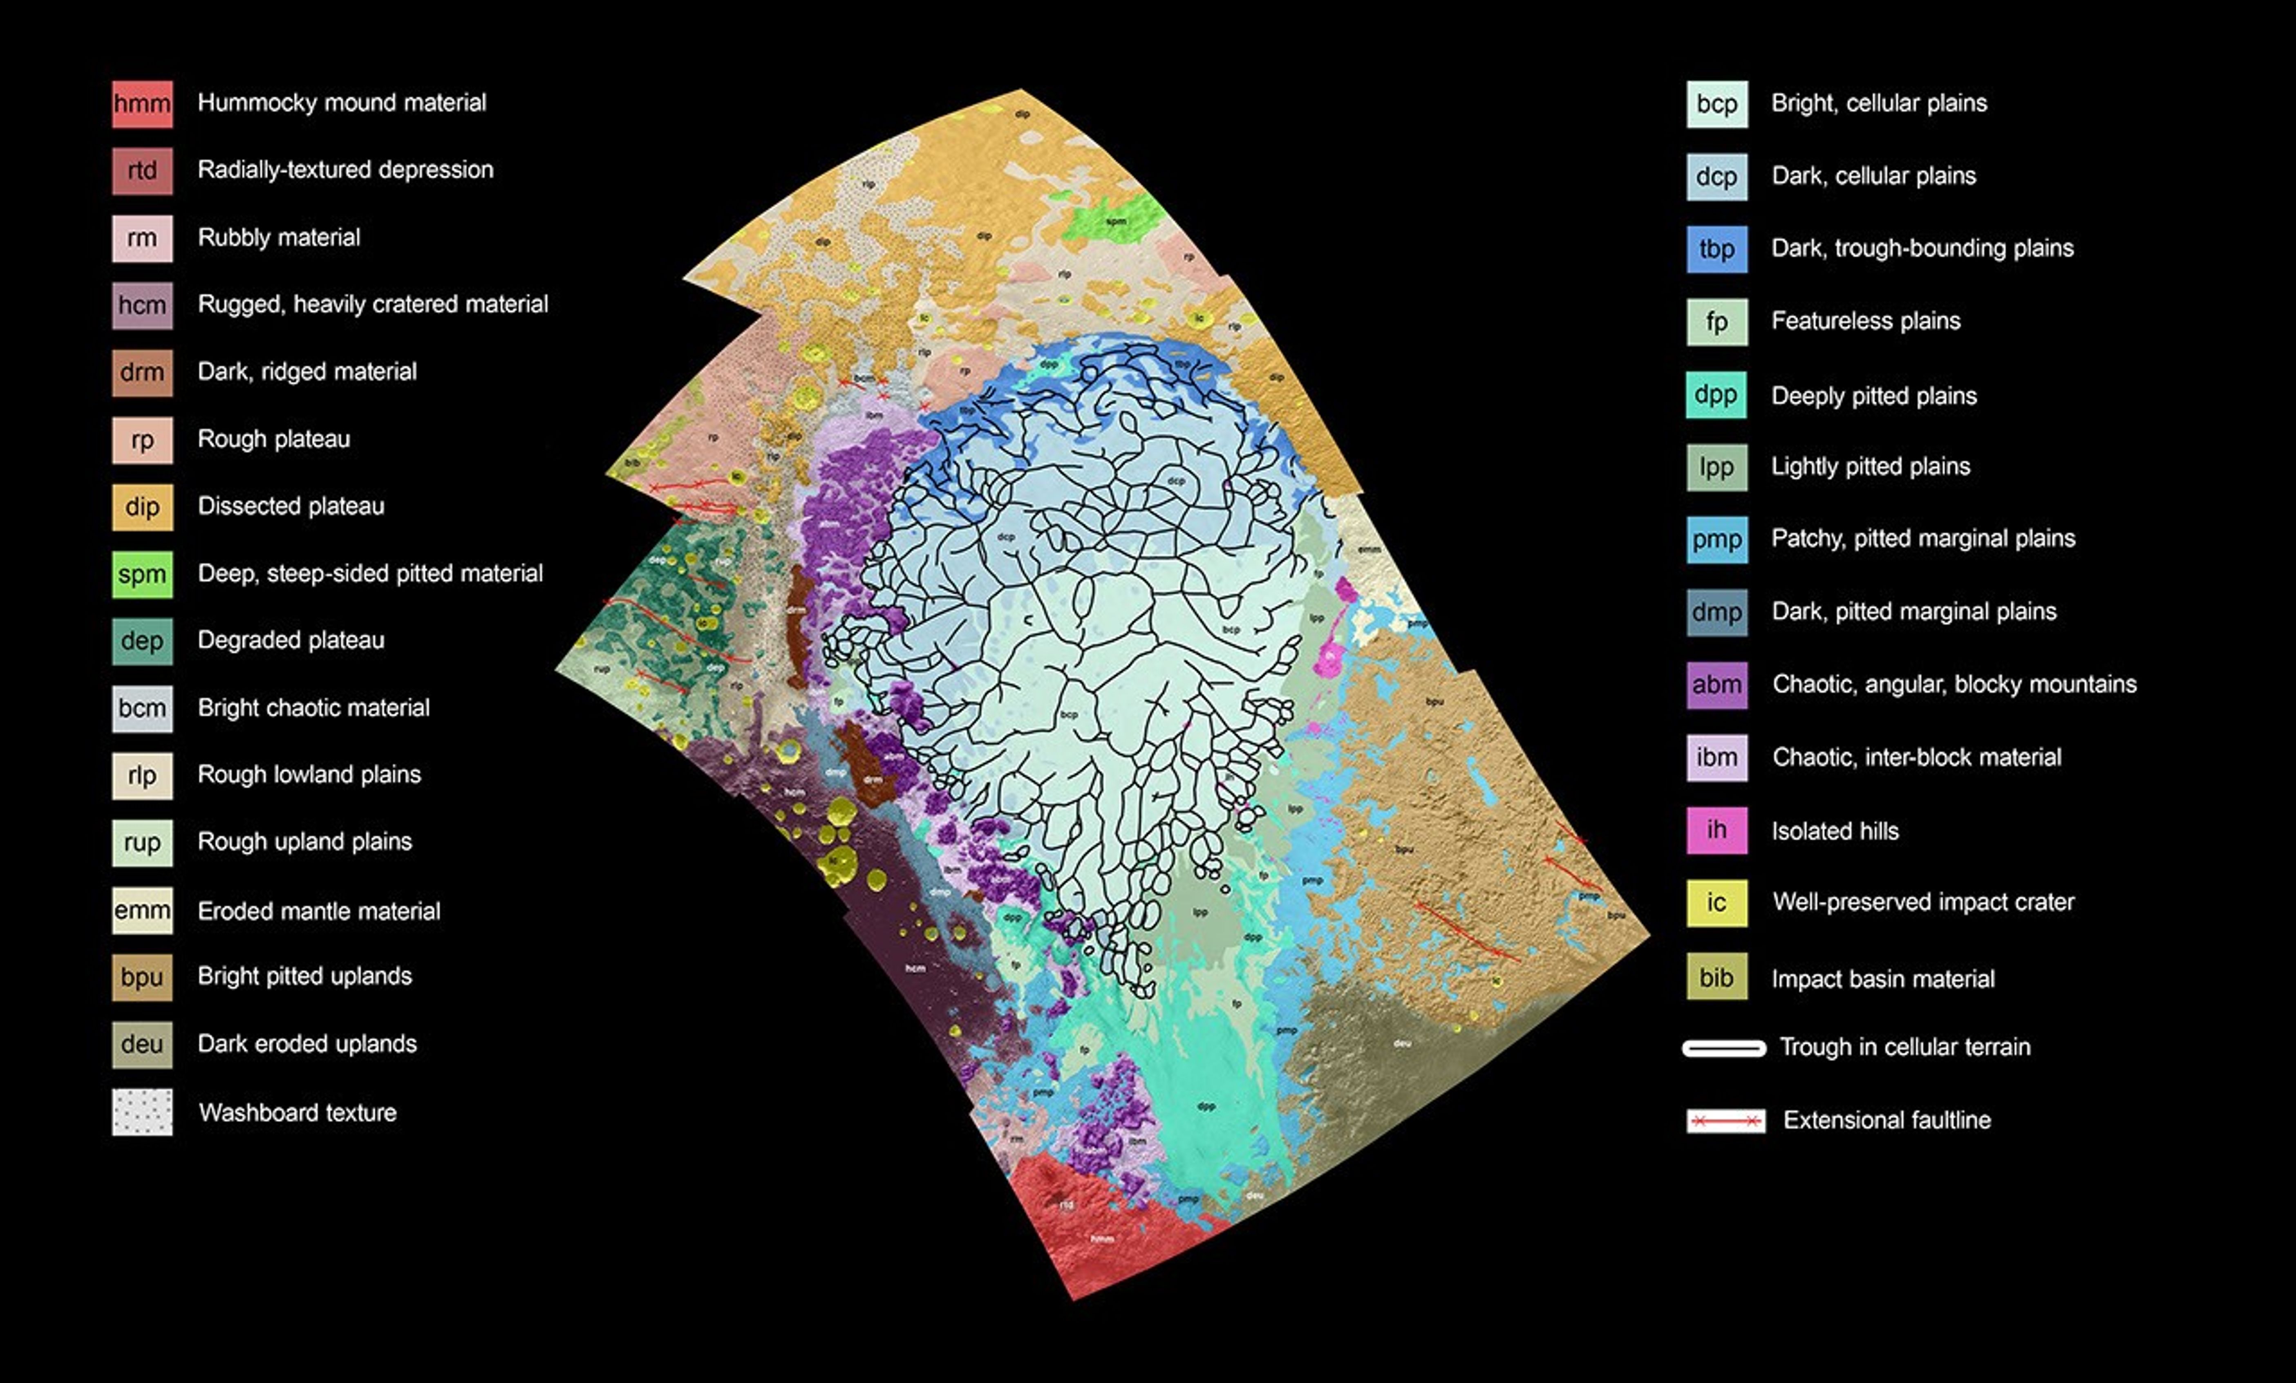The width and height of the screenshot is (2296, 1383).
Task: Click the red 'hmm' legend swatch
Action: point(142,103)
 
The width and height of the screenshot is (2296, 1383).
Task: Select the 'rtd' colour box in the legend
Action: point(142,170)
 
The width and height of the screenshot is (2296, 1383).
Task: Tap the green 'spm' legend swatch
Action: point(142,574)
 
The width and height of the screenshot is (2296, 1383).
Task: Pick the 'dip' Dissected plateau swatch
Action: point(142,507)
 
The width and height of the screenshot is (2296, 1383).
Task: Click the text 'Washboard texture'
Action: point(297,1113)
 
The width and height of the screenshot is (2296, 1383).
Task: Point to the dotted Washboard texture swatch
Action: point(142,1112)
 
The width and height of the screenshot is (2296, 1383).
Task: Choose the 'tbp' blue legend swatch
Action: point(1716,249)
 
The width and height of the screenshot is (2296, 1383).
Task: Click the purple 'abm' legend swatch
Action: point(1716,685)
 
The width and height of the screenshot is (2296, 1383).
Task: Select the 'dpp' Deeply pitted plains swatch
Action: point(1716,394)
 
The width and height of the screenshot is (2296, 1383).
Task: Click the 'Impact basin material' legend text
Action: point(1882,978)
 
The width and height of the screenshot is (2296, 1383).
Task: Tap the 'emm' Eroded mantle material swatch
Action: point(142,911)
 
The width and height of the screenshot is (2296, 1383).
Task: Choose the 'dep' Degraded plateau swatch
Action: point(142,641)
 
